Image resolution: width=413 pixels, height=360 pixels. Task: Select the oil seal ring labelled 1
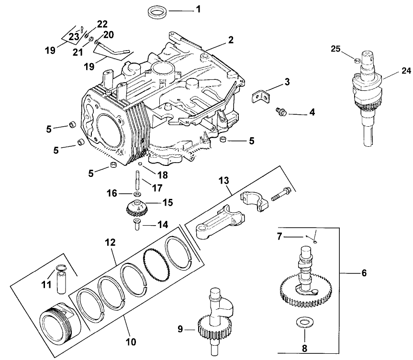158,11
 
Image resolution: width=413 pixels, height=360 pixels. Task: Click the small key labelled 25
356,60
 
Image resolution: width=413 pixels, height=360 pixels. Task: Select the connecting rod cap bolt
280,194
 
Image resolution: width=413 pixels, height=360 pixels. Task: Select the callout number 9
181,329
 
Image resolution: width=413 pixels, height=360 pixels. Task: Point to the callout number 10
131,342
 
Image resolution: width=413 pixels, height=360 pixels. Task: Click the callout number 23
73,36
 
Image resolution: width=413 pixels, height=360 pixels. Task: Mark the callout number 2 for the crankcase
231,40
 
